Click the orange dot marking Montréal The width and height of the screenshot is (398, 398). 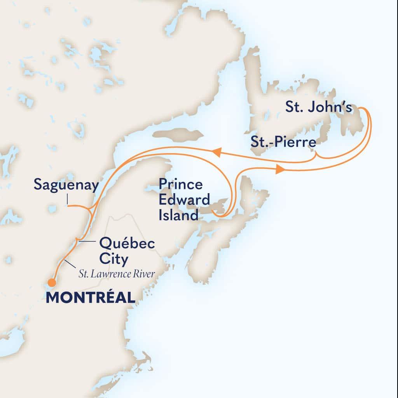(51, 282)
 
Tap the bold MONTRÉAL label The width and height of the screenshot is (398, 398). (91, 298)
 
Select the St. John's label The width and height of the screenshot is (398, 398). (319, 108)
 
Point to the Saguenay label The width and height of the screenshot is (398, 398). (66, 185)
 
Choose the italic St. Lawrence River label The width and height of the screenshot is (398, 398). (117, 274)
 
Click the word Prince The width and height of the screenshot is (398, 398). (180, 184)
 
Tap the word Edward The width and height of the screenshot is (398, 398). (184, 200)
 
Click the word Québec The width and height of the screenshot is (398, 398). (127, 244)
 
